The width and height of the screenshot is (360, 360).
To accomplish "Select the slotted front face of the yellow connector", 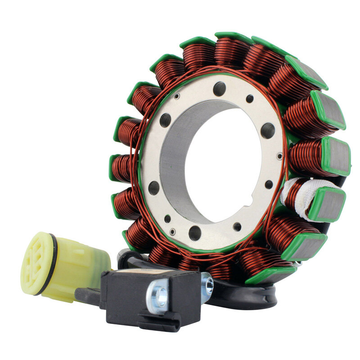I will [x=35, y=260].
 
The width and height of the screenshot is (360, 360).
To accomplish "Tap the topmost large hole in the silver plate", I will [x=219, y=88].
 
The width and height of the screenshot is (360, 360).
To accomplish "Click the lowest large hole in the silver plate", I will [x=195, y=233].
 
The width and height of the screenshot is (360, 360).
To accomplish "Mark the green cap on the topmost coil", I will [x=231, y=36].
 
